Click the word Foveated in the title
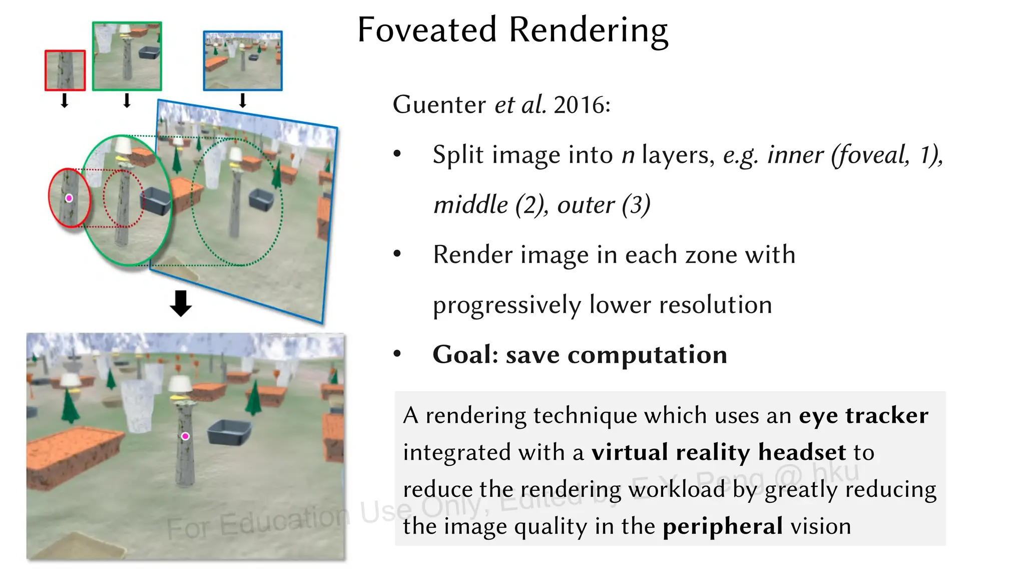click(427, 30)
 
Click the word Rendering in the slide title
click(589, 31)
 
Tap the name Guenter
click(439, 105)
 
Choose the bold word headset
click(802, 452)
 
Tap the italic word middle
click(470, 205)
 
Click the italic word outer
click(586, 205)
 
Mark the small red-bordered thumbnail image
click(65, 70)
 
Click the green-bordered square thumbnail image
click(127, 56)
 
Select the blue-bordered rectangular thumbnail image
click(243, 61)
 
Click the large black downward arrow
click(181, 303)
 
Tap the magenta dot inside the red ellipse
click(69, 198)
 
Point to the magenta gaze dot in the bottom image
click(185, 436)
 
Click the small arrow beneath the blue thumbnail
click(243, 101)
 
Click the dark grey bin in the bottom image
click(229, 432)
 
